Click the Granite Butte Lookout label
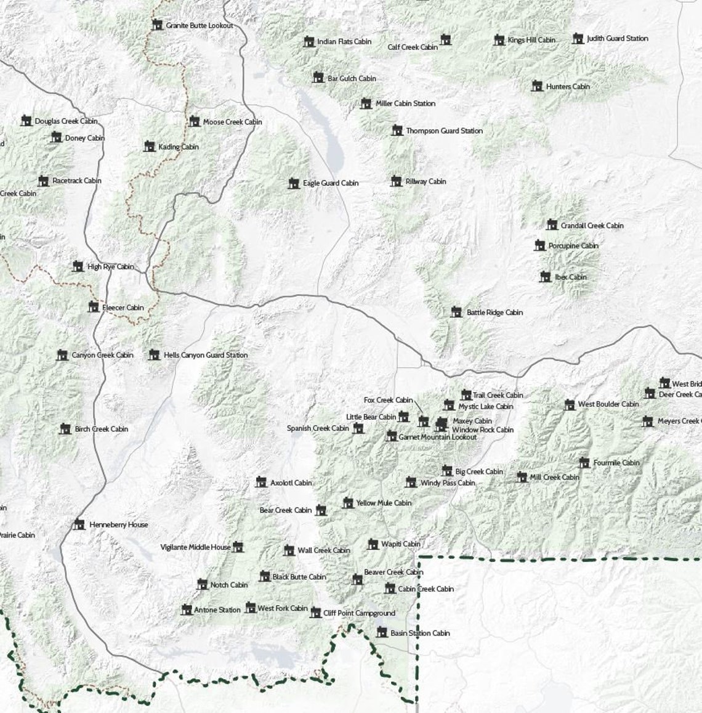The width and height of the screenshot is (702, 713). pos(199,26)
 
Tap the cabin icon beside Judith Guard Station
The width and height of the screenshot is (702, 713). pos(578,39)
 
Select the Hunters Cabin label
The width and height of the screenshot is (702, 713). pos(567,87)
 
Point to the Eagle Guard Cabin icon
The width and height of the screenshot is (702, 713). pos(294,183)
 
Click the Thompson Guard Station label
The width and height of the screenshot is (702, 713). pos(444,131)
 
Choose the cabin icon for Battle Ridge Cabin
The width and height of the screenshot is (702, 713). pos(456,312)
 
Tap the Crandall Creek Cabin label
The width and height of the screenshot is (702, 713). pos(592,226)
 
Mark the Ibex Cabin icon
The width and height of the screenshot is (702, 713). pos(545,277)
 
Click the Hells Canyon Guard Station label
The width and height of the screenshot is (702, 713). pos(206,356)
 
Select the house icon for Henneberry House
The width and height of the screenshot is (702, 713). pos(79,524)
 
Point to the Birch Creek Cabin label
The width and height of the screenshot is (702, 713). pos(101,429)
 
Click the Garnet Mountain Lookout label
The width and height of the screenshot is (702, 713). pos(437,437)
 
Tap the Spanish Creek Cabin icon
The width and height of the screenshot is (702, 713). pos(358,428)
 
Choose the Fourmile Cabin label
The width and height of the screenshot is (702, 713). pos(616,463)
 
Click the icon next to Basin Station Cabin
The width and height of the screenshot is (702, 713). pos(382,632)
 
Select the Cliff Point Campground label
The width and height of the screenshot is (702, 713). pos(359,613)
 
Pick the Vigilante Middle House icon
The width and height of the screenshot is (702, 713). pos(238,547)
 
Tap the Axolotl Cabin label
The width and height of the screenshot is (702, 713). pos(291,483)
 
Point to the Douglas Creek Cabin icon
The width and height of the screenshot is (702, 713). pos(26,121)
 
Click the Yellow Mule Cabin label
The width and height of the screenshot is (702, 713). pos(384,503)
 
